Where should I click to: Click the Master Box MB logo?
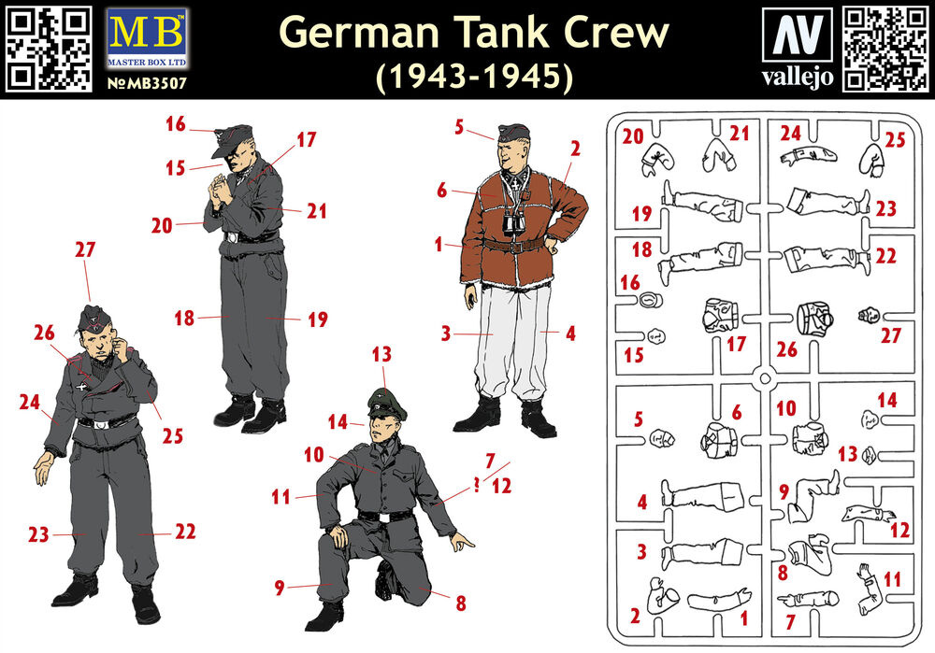pos(147,38)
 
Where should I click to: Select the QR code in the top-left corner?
pos(49,49)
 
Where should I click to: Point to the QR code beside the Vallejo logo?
pos(885,49)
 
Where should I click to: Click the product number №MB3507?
pos(147,83)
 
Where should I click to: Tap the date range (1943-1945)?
pos(474,77)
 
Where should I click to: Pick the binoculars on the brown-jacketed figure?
pos(513,223)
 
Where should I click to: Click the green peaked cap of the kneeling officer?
pos(387,404)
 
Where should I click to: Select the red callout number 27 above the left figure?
pos(85,249)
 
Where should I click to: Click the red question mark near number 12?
pos(477,485)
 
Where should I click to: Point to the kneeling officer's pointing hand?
pos(462,541)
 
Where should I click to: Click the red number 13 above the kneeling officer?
pos(381,354)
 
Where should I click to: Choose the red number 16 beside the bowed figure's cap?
pos(176,124)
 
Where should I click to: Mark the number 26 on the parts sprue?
pos(786,349)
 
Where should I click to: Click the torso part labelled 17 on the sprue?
pos(720,315)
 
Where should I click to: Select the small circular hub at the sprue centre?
pos(765,377)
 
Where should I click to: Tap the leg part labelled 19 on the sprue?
pos(704,200)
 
